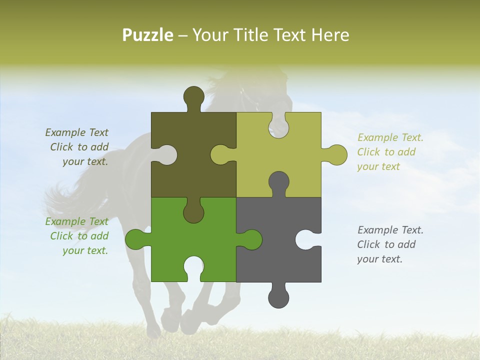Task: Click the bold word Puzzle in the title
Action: point(148,35)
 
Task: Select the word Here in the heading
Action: point(329,35)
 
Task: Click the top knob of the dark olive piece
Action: point(193,97)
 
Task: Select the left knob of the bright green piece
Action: point(135,239)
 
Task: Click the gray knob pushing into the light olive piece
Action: point(278,182)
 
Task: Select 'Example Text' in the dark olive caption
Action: point(76,132)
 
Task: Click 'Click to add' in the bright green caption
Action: point(79,236)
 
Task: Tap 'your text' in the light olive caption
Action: point(378,166)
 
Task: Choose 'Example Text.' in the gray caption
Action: point(390,230)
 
